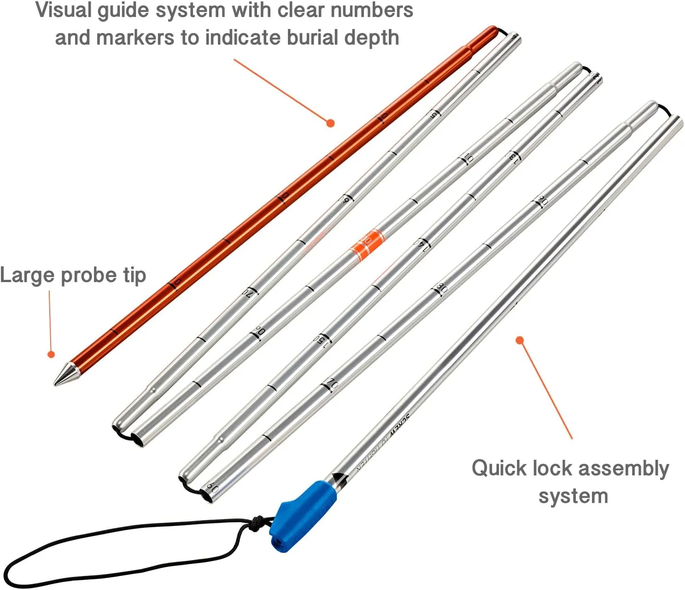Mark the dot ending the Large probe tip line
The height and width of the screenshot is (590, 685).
point(51,354)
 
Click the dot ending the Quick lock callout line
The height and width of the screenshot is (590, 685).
point(520,340)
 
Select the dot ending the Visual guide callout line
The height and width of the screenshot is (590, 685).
point(330,123)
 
